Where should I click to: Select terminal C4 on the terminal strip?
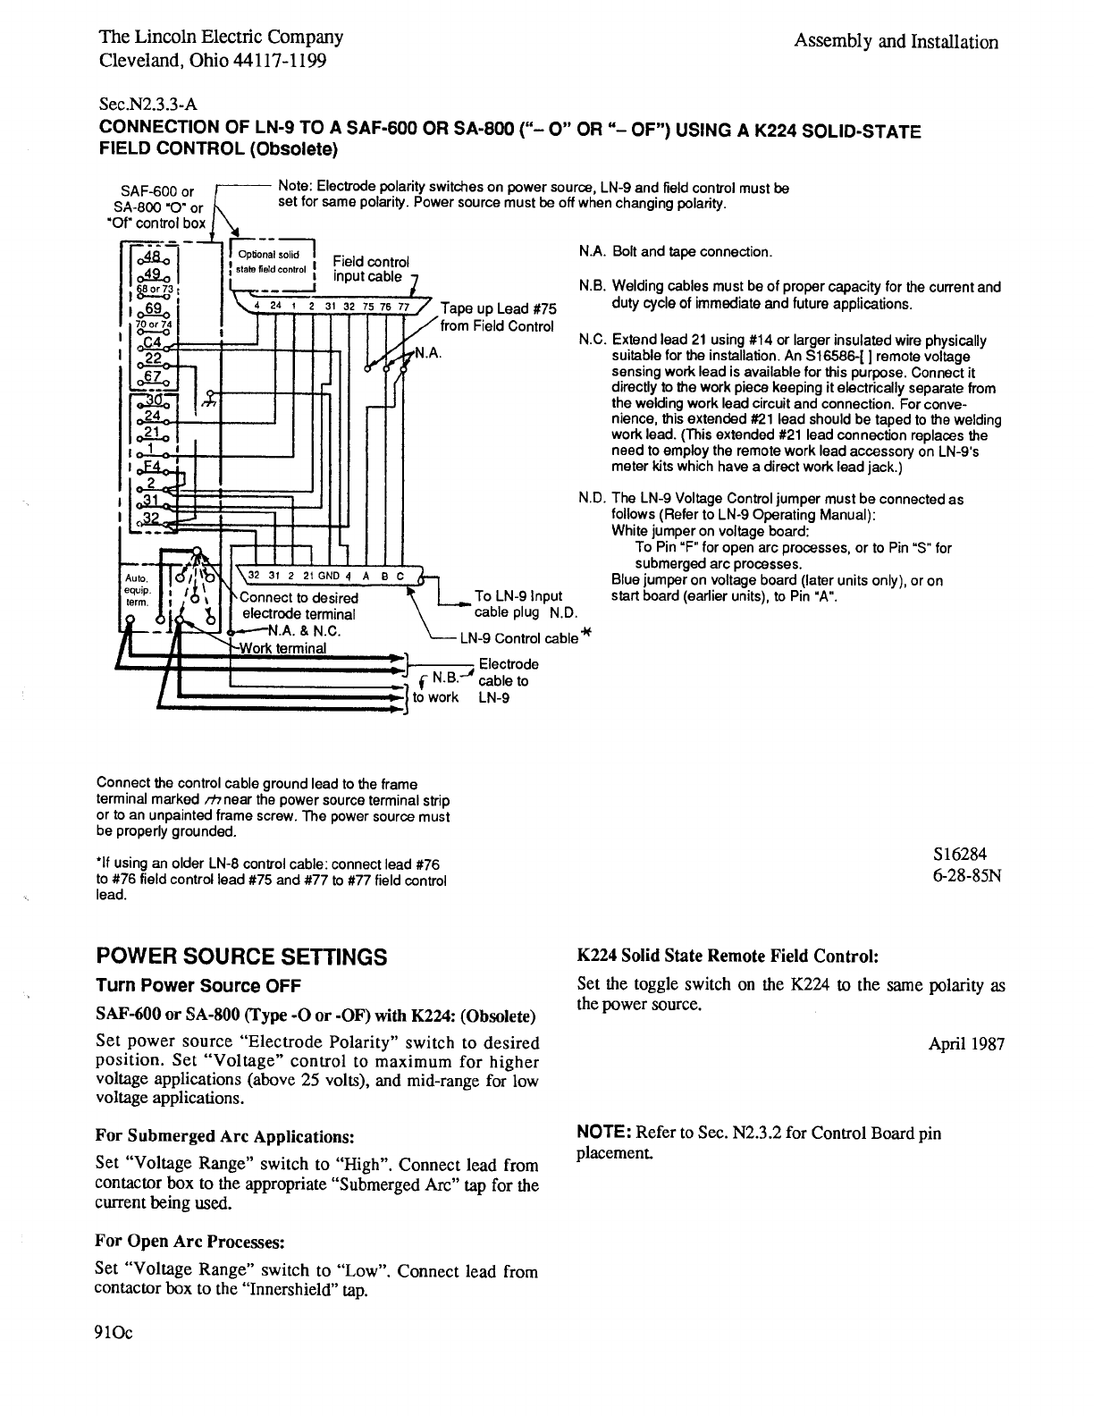152,341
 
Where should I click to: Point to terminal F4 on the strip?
152,466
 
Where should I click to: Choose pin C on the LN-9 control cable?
400,577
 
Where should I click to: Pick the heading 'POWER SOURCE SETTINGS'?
241,957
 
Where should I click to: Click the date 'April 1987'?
966,1043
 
